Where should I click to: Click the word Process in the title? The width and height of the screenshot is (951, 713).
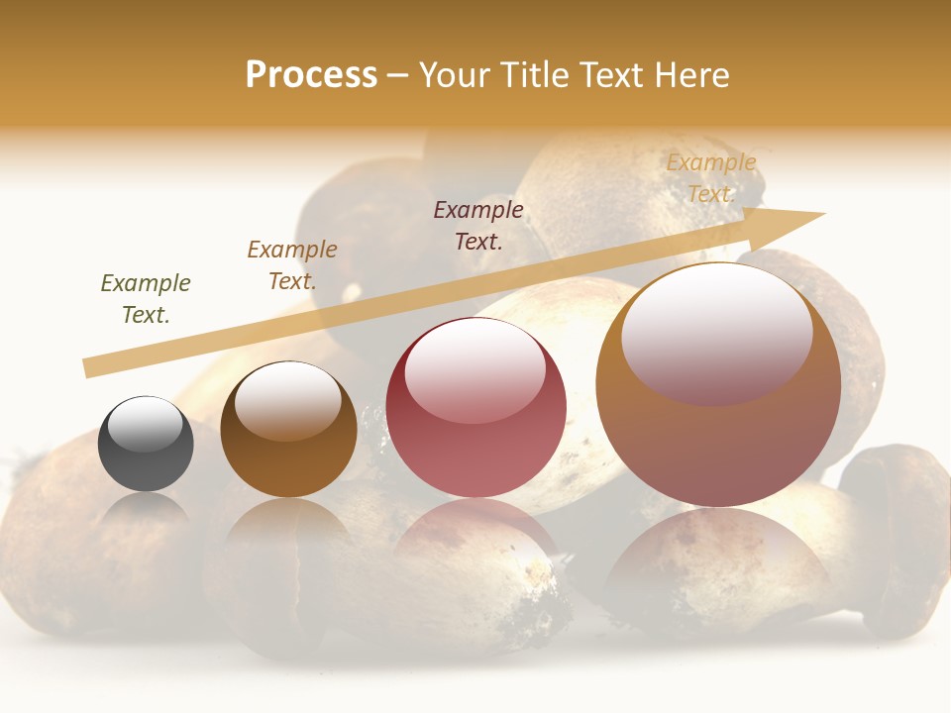(311, 74)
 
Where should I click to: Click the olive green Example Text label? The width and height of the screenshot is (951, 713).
(146, 298)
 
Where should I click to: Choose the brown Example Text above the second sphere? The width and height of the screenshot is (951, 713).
(292, 264)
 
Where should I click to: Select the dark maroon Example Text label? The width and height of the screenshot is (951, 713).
(478, 225)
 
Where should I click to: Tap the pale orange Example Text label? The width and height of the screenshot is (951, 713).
(711, 178)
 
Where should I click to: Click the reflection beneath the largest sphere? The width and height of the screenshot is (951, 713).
(717, 564)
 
